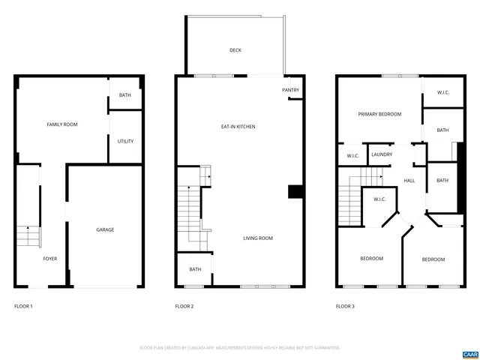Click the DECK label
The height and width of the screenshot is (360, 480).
(x=235, y=50)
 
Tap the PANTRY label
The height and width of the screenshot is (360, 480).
(x=290, y=91)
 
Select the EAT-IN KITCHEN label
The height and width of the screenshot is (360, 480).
(x=238, y=127)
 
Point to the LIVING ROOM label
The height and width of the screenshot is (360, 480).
(x=257, y=238)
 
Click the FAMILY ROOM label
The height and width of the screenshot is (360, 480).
(x=62, y=124)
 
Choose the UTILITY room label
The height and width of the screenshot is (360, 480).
(x=125, y=141)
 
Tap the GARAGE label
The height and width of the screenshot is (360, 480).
(x=105, y=229)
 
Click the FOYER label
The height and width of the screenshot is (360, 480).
(x=49, y=259)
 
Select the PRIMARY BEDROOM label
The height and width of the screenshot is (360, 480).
(x=379, y=115)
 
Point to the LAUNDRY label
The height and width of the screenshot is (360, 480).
(x=382, y=155)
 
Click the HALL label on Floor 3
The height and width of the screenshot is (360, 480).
(x=409, y=181)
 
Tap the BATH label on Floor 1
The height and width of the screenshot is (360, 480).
(x=125, y=94)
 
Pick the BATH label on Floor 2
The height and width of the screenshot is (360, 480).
(x=195, y=269)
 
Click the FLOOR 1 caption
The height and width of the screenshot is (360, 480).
(x=24, y=307)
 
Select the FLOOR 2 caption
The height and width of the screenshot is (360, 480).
(x=184, y=307)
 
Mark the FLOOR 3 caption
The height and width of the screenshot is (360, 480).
(x=345, y=307)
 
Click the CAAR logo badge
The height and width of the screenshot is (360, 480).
(x=469, y=353)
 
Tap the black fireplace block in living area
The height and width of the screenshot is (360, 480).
(x=295, y=192)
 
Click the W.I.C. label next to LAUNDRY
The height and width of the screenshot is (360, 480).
(x=352, y=156)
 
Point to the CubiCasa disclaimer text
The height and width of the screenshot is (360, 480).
(x=240, y=348)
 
